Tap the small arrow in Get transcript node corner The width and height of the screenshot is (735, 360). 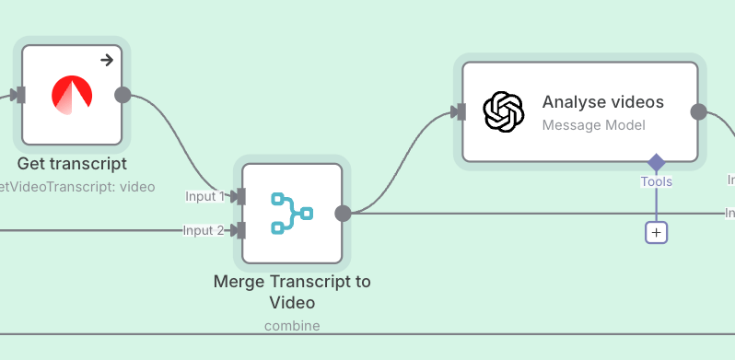[107, 60]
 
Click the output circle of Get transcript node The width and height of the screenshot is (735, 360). [122, 95]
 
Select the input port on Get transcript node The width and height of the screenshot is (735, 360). [19, 95]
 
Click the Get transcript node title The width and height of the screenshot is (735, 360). [71, 165]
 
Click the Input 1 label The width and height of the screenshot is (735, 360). [204, 196]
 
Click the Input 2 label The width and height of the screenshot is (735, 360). [204, 230]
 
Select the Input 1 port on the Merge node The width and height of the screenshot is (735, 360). [239, 196]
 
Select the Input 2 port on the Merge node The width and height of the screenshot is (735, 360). [239, 230]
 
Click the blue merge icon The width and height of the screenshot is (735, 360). [292, 214]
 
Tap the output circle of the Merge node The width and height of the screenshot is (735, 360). [343, 214]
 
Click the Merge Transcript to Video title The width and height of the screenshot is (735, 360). [292, 292]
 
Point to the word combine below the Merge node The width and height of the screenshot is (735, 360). [292, 325]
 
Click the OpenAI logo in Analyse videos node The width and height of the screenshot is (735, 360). [504, 112]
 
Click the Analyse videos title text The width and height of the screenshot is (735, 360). [602, 102]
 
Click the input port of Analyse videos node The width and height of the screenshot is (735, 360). [459, 112]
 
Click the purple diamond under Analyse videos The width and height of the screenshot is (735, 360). [656, 163]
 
